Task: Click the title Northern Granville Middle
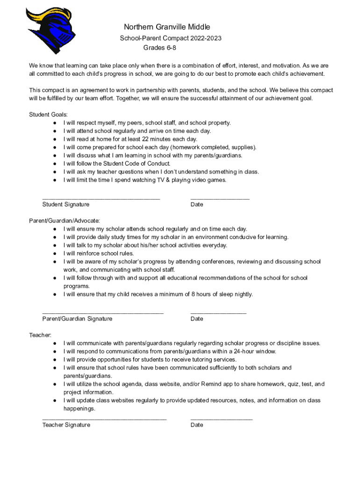167,27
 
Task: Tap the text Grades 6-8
159,48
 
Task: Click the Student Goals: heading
49,115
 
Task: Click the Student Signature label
66,204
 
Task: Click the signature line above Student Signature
101,199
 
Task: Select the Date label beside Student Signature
197,204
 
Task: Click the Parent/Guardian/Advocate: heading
65,221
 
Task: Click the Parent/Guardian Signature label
77,319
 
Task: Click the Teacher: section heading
40,335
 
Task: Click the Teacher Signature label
66,425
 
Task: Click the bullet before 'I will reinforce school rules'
55,254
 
